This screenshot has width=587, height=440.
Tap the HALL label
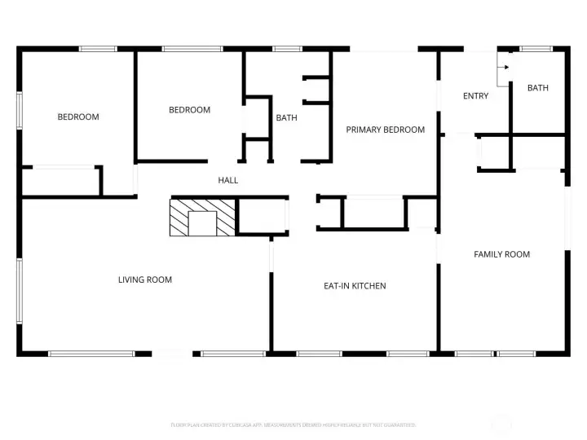(x=228, y=180)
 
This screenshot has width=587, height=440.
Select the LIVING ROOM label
(x=145, y=279)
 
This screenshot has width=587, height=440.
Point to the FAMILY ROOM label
(x=501, y=254)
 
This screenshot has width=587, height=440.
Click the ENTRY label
(x=475, y=96)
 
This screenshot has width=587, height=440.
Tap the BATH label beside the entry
(x=537, y=88)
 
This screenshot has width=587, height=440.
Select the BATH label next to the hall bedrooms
(x=286, y=117)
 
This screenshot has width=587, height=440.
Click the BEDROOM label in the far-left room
(x=78, y=117)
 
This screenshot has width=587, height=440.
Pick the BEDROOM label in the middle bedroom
(x=189, y=110)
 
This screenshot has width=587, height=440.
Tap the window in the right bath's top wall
(x=536, y=49)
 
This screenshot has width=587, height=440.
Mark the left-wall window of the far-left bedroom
(x=19, y=109)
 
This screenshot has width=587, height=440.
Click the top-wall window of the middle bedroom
(x=192, y=49)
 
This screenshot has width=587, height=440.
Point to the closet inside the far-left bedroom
(x=60, y=181)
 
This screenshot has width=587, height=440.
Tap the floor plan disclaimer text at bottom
(x=293, y=425)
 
